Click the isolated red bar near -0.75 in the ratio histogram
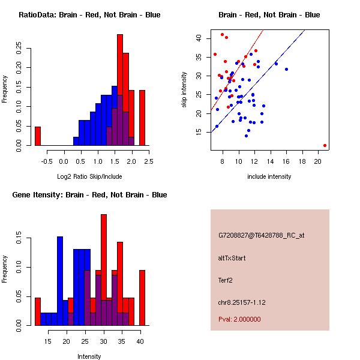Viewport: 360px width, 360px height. pyautogui.click(x=37, y=136)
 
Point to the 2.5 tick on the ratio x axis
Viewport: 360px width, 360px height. pyautogui.click(x=148, y=160)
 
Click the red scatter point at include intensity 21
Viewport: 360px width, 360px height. pyautogui.click(x=325, y=145)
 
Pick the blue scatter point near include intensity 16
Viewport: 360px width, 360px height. pyautogui.click(x=286, y=69)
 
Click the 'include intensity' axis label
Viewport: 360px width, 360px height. pyautogui.click(x=269, y=176)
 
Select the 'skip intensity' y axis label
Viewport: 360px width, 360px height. pyautogui.click(x=185, y=89)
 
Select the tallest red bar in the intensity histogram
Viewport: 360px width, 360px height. pyautogui.click(x=104, y=270)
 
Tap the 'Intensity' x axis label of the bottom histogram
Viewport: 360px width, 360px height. pyautogui.click(x=89, y=356)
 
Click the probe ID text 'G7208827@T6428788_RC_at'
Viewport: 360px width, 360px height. pyautogui.click(x=262, y=235)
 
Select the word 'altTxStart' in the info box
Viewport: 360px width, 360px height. pyautogui.click(x=232, y=258)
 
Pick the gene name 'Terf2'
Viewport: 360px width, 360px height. pyautogui.click(x=226, y=280)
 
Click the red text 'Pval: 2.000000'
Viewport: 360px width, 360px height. pyautogui.click(x=239, y=319)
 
